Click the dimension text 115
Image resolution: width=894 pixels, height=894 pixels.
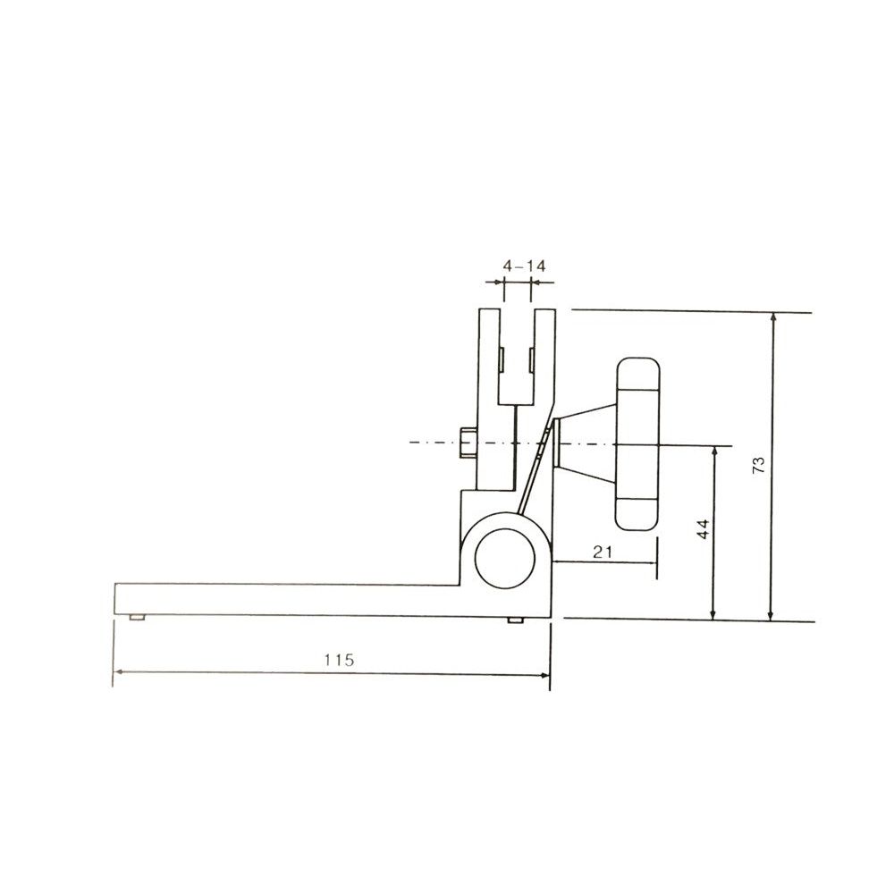(339, 661)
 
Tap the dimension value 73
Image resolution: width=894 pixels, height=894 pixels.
(758, 464)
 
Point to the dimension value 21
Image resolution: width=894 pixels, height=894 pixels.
(603, 552)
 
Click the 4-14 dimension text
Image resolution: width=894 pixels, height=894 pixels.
(524, 266)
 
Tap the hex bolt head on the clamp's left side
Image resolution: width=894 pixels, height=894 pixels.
(468, 443)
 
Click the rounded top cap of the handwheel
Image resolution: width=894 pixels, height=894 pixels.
(638, 374)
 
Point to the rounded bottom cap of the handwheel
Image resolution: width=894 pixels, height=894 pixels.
(638, 512)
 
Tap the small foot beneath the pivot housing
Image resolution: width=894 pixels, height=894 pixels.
(516, 620)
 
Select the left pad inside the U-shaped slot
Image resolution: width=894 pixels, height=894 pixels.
(502, 359)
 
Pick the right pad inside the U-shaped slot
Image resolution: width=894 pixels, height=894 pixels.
(533, 359)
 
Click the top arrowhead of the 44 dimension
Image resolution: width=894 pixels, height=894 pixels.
(713, 451)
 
